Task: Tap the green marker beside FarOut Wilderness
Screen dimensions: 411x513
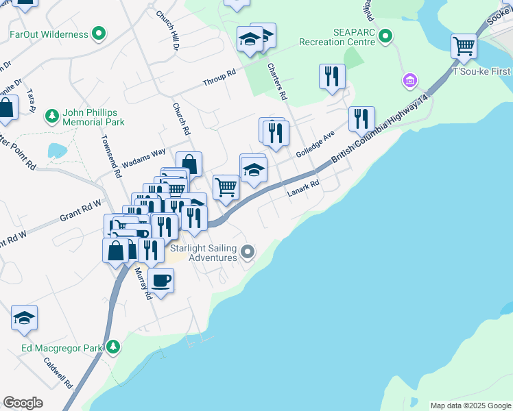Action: pos(99,33)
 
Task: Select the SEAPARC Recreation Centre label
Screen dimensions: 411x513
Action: pos(337,36)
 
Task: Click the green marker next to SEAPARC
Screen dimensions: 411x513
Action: pos(386,36)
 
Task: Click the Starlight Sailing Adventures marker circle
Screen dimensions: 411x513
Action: pos(248,252)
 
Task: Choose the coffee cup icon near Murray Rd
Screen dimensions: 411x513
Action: pos(160,279)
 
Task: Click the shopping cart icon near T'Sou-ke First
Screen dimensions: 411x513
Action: pos(464,46)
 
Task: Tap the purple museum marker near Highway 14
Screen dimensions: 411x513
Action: pos(409,82)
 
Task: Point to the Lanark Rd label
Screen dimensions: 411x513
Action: pos(303,188)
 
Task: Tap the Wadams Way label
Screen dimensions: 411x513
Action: pos(143,158)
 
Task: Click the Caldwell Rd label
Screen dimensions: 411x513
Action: pos(58,373)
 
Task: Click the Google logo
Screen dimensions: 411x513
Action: pos(23,403)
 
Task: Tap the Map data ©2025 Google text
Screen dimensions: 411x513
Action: pos(470,406)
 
